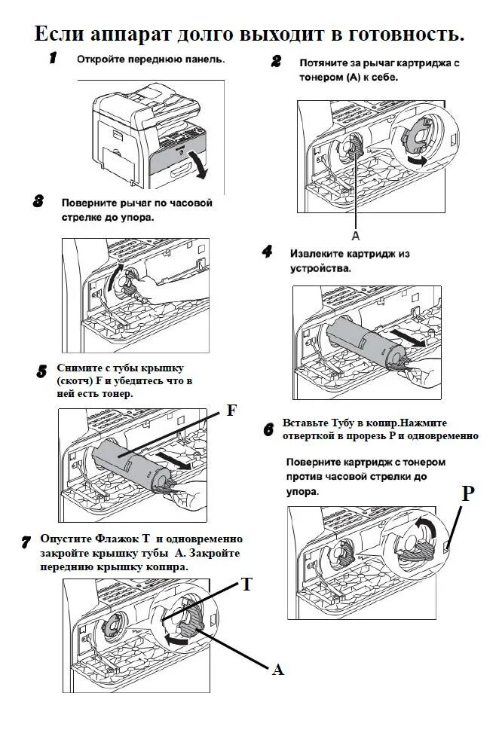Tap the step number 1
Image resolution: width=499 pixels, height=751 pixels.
54,59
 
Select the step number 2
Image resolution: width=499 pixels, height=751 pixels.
277,62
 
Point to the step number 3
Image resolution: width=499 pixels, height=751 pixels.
38,201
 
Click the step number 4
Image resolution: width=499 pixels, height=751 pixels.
267,252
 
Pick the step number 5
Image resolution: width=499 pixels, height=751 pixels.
42,371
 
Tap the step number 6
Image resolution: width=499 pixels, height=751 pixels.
268,430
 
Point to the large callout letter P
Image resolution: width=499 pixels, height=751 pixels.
468,493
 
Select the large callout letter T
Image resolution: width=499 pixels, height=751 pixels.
246,584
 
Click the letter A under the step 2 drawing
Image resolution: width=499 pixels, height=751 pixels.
355,235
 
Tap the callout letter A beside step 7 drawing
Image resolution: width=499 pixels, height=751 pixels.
277,669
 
